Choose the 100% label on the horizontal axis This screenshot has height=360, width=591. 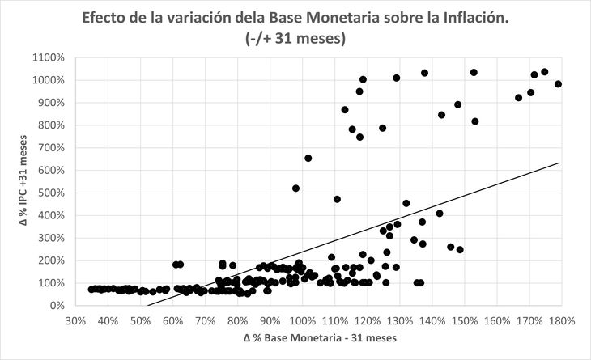(302, 320)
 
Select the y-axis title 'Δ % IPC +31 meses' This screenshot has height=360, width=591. (24, 181)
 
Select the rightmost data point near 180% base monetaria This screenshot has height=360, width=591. (558, 84)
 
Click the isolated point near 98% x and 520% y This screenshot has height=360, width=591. (296, 188)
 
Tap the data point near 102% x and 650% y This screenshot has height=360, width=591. (308, 159)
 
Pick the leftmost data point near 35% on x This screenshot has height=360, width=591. (91, 289)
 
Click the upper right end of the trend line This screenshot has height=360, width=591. (559, 163)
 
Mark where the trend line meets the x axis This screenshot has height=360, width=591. (147, 306)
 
